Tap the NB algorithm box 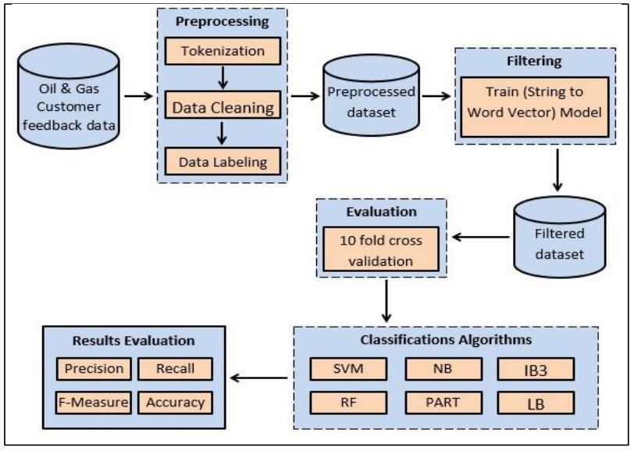click(440, 367)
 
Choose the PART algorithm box click(440, 402)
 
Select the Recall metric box click(173, 368)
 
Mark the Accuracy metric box click(173, 402)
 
